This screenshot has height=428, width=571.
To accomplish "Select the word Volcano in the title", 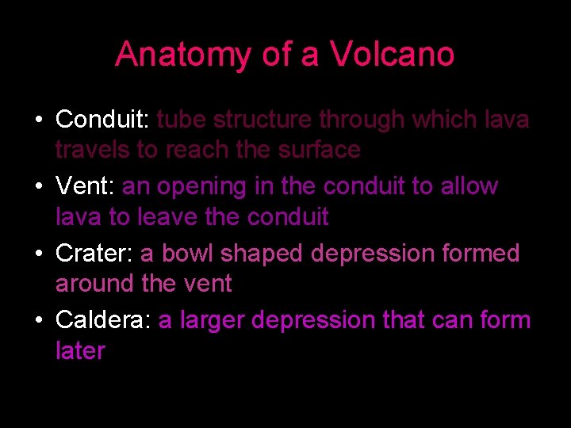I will pos(392,55).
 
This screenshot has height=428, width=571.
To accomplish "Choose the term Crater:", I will pos(94,254).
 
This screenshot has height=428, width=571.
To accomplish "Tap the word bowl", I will pos(189,254).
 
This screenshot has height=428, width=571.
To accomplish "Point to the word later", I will pos(80,350).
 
